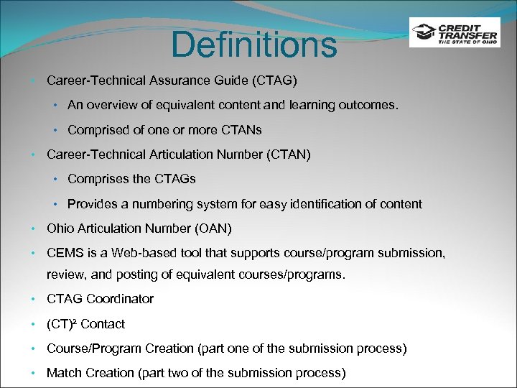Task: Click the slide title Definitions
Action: point(253,45)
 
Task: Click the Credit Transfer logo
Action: point(455,32)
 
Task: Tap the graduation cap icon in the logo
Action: point(423,33)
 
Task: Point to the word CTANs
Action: point(243,130)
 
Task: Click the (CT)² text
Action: point(62,324)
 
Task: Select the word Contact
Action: point(103,324)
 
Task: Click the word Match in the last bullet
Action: point(63,373)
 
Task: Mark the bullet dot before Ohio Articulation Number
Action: point(34,229)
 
